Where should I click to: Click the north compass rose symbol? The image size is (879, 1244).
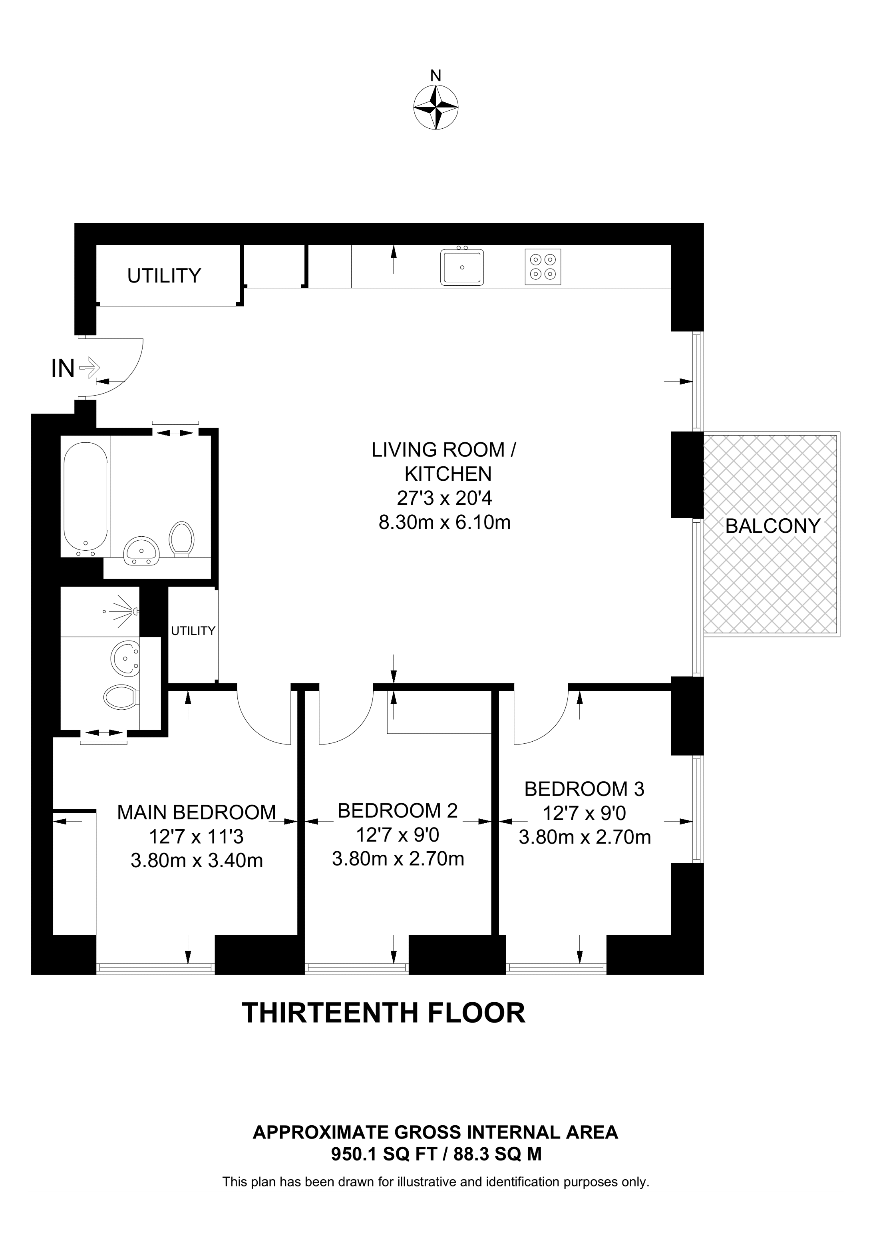436,107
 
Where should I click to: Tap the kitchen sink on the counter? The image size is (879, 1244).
461,267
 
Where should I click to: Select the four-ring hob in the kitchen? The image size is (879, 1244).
543,267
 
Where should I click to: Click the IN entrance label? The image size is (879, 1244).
63,369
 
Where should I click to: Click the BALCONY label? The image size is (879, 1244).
772,526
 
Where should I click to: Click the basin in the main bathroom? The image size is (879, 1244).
142,551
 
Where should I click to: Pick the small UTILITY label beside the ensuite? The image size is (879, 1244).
193,631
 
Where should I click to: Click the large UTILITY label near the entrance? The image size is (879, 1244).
164,276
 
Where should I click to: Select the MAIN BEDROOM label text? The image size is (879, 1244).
197,813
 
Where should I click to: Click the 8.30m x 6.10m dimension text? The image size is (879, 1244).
444,522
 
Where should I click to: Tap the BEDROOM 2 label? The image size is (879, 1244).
398,810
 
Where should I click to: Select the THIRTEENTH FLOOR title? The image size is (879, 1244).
384,1013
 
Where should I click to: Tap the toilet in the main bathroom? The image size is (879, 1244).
181,539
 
